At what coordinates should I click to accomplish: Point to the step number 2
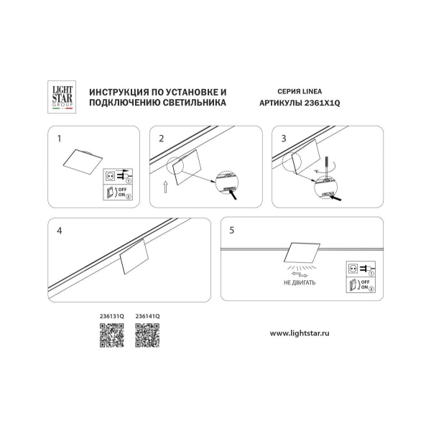[x=162, y=137]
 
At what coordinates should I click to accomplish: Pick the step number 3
[x=284, y=137]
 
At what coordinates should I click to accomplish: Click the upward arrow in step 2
[x=164, y=189]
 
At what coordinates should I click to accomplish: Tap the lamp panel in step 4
[x=134, y=258]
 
